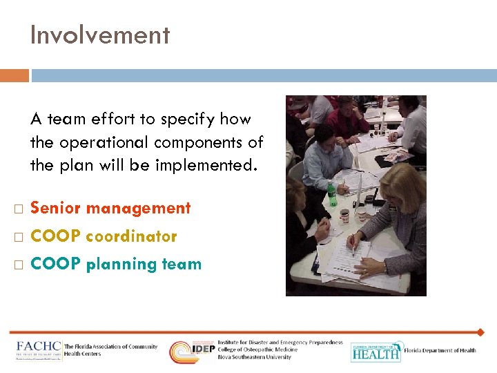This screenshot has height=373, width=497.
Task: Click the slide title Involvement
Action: (x=99, y=35)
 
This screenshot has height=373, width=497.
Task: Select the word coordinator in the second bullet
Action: (x=131, y=236)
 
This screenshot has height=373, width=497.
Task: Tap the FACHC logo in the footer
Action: (x=39, y=350)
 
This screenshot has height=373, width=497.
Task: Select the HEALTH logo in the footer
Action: (x=375, y=352)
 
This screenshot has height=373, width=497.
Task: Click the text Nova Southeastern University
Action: (x=255, y=357)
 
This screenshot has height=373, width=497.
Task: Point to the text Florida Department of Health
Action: (x=440, y=350)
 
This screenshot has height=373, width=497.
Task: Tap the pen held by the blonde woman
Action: (x=352, y=244)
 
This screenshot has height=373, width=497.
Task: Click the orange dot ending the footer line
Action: (x=480, y=332)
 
